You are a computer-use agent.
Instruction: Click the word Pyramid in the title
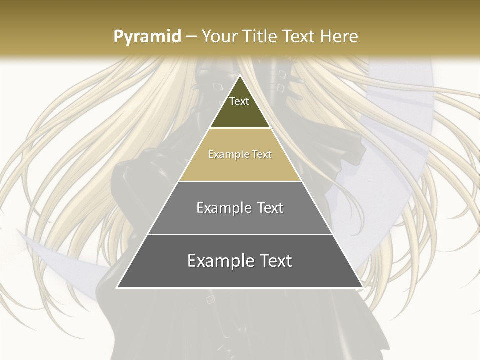147,37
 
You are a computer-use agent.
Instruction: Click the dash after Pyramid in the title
191,37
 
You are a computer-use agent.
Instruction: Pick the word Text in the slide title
301,36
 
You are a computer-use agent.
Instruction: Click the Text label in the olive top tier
239,101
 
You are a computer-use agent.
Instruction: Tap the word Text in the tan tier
262,155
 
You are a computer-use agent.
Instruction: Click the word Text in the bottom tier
276,261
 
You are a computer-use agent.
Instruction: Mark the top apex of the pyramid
240,75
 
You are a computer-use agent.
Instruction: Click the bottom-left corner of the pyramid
117,287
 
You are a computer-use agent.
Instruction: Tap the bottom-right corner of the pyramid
362,287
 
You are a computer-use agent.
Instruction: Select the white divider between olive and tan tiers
240,128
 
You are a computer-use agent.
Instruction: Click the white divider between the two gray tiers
240,234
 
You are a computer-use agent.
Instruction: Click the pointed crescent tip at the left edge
19,231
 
